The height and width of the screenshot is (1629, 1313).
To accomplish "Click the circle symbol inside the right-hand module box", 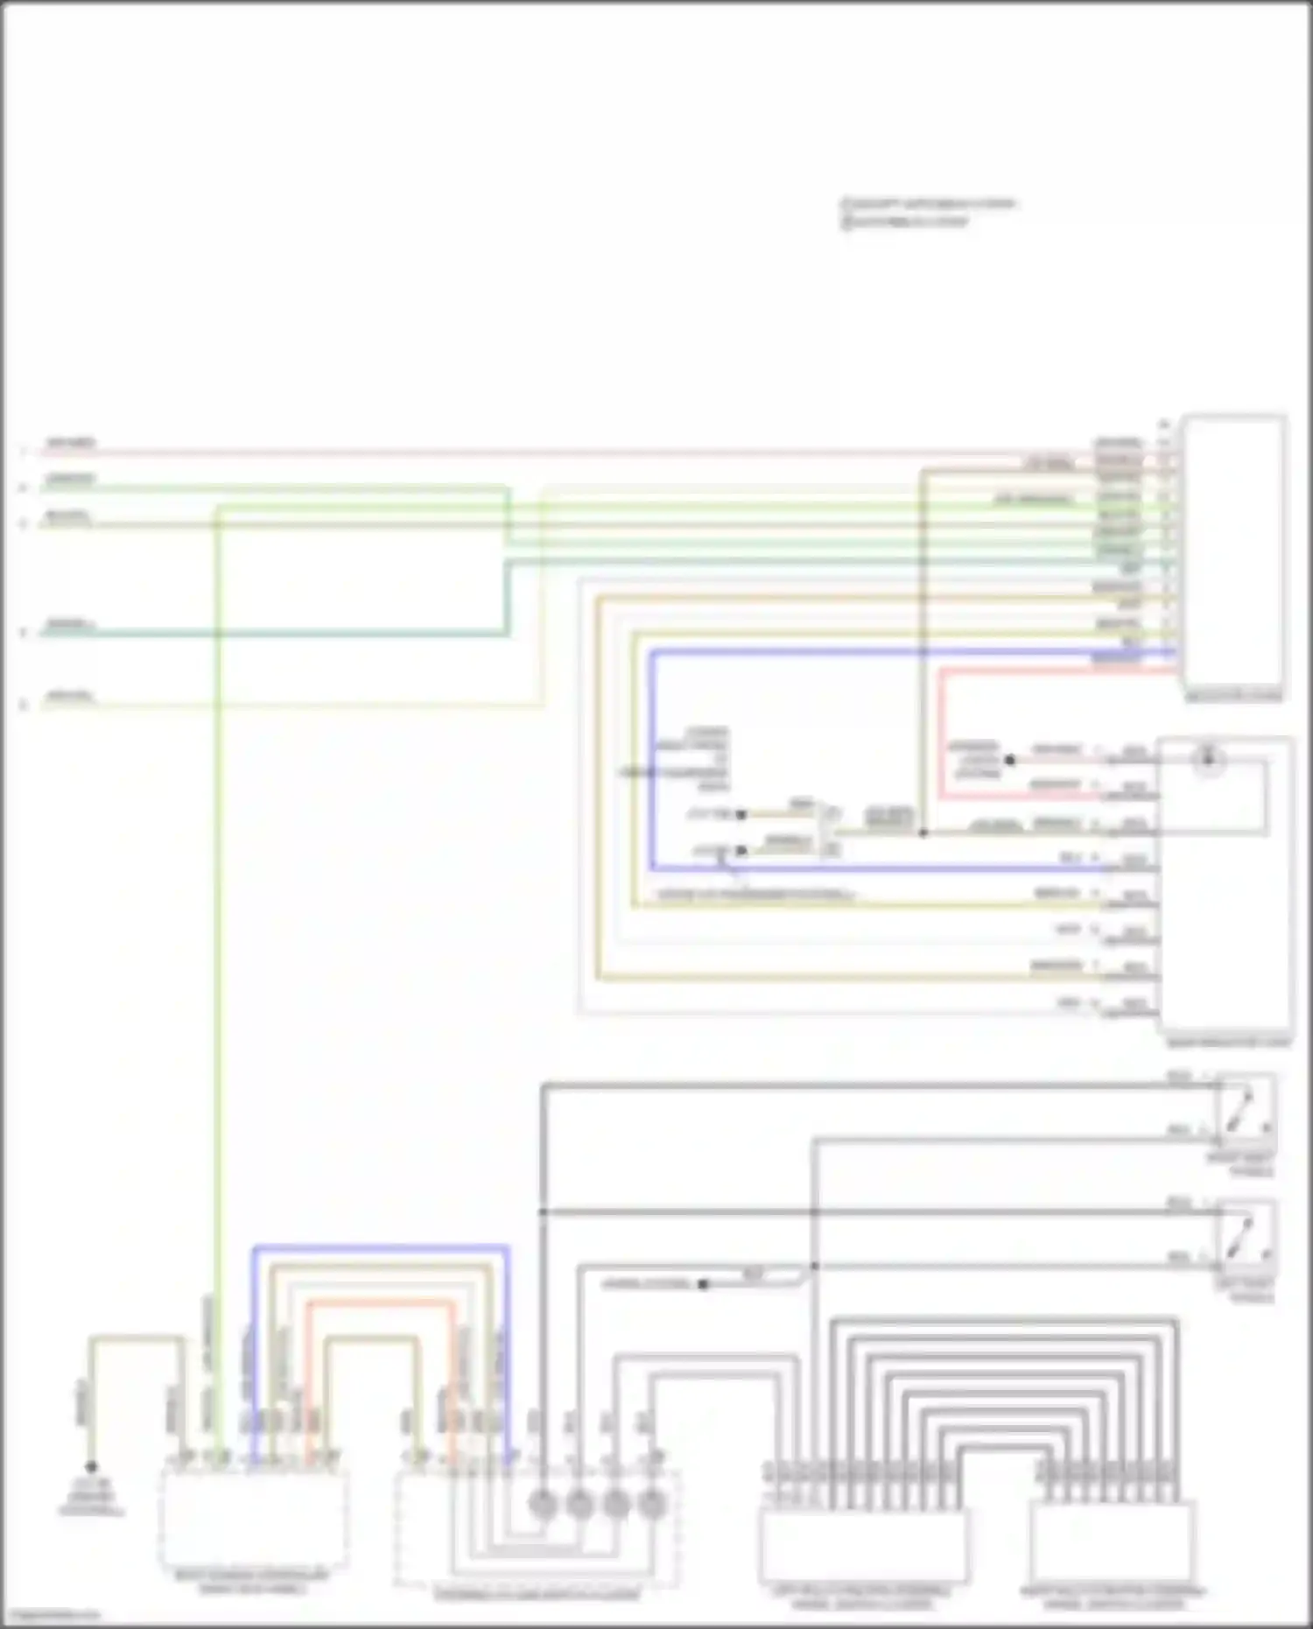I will coord(1209,759).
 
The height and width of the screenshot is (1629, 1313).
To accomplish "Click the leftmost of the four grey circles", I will coord(543,1504).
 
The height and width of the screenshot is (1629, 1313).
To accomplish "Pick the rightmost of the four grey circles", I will coord(652,1504).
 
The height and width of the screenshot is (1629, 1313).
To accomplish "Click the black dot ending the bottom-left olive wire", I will coord(91,1466).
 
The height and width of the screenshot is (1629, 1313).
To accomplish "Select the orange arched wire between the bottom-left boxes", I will coord(381,1302).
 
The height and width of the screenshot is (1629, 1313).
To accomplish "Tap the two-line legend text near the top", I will coord(928,213).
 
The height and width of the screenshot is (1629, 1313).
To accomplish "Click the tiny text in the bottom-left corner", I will coord(51,1614).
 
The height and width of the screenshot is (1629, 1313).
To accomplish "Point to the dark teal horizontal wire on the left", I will coord(271,632).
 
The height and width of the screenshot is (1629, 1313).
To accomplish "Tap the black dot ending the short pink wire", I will coord(1009,760).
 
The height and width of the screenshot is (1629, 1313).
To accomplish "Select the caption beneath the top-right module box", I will coord(1233,696).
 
